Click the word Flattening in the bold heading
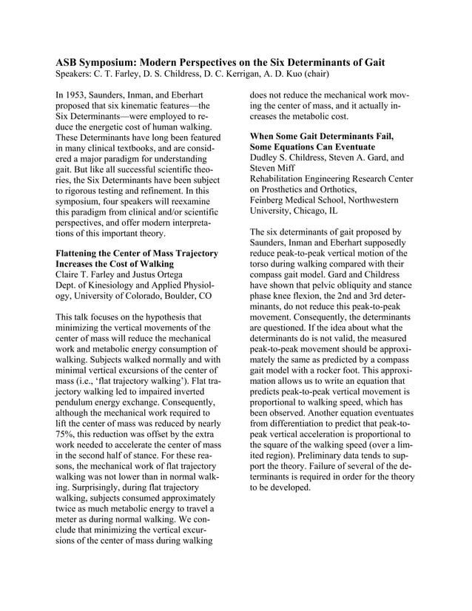[x=81, y=254]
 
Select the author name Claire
[x=70, y=266]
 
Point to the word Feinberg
[x=272, y=200]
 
